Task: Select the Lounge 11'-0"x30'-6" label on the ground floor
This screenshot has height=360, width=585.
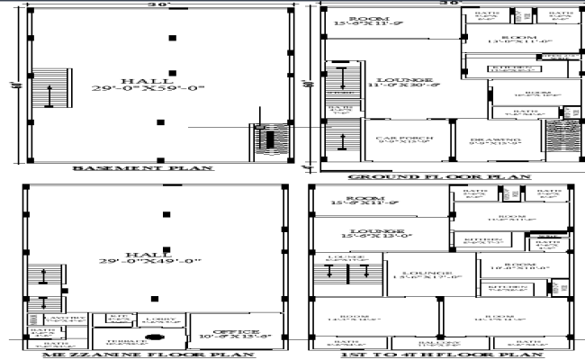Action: tap(409, 83)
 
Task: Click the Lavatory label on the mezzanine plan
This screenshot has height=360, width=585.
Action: tap(49, 318)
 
